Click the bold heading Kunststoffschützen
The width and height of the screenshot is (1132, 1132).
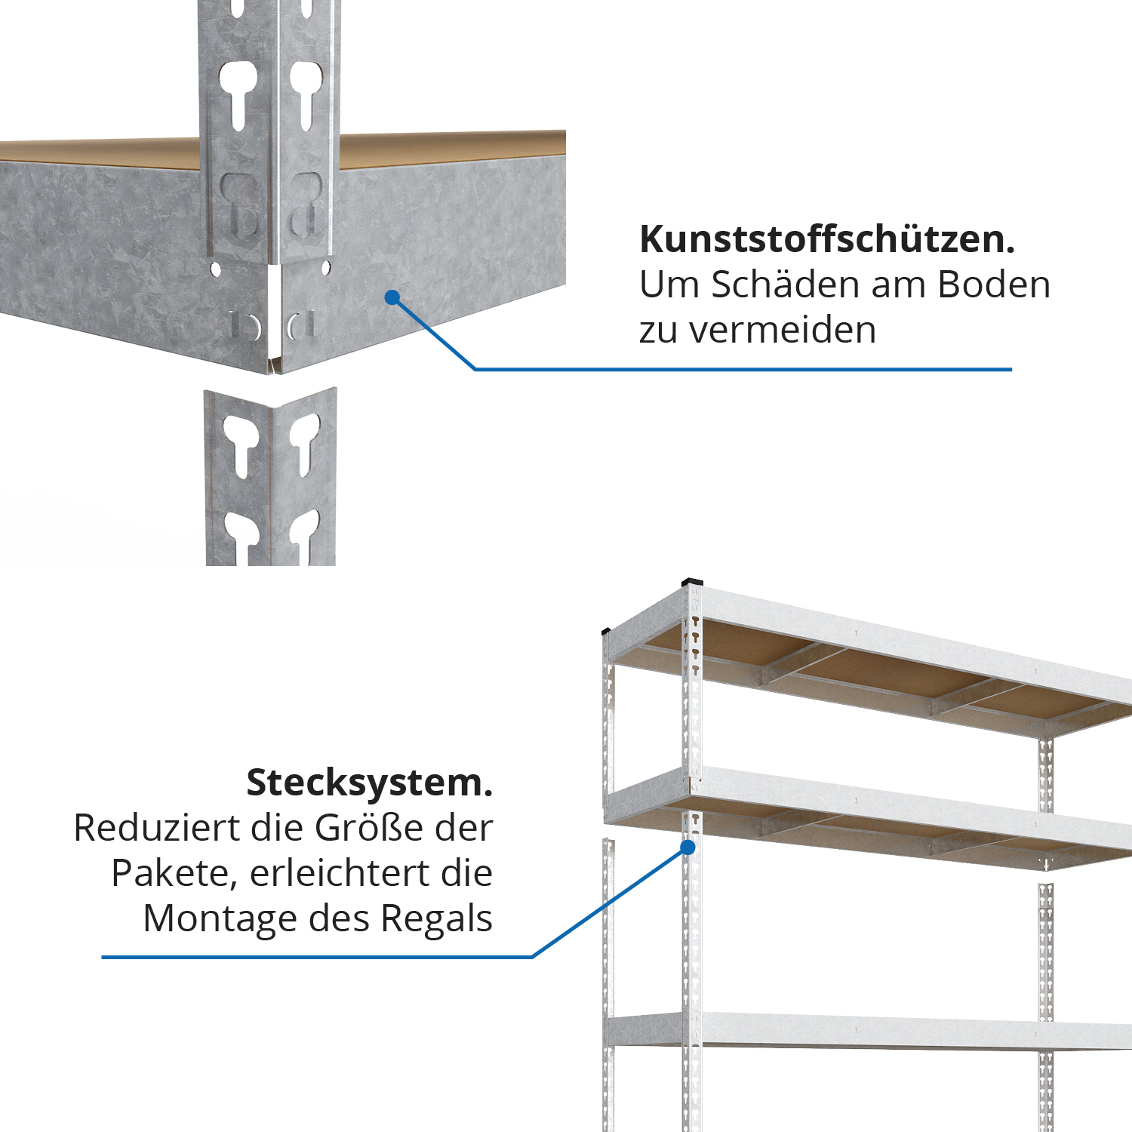pyautogui.click(x=827, y=239)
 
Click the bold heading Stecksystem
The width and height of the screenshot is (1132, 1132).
pyautogui.click(x=370, y=783)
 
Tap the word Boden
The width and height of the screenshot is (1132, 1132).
pyautogui.click(x=994, y=285)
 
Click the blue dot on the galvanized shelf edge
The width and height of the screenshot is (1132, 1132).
pyautogui.click(x=392, y=297)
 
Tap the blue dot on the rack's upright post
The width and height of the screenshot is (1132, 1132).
pyautogui.click(x=688, y=847)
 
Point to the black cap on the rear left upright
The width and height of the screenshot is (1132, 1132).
pyautogui.click(x=606, y=631)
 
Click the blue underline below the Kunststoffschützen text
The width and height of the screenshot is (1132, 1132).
pyautogui.click(x=743, y=369)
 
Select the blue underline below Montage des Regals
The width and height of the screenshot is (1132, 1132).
pyautogui.click(x=317, y=957)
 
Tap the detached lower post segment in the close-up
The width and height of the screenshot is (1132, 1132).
pyautogui.click(x=270, y=477)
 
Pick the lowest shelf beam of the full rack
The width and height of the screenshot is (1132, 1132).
pyautogui.click(x=868, y=1030)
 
